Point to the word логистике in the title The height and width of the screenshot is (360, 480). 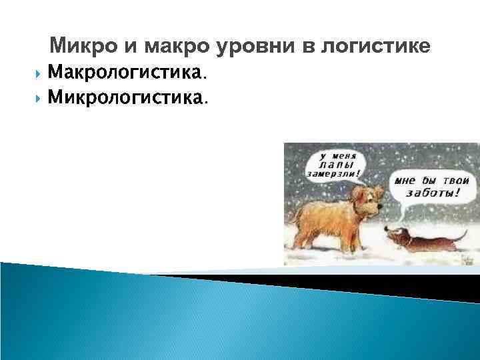click(375, 47)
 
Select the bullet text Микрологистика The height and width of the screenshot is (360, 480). click(128, 98)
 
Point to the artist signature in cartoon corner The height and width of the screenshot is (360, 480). click(463, 261)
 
